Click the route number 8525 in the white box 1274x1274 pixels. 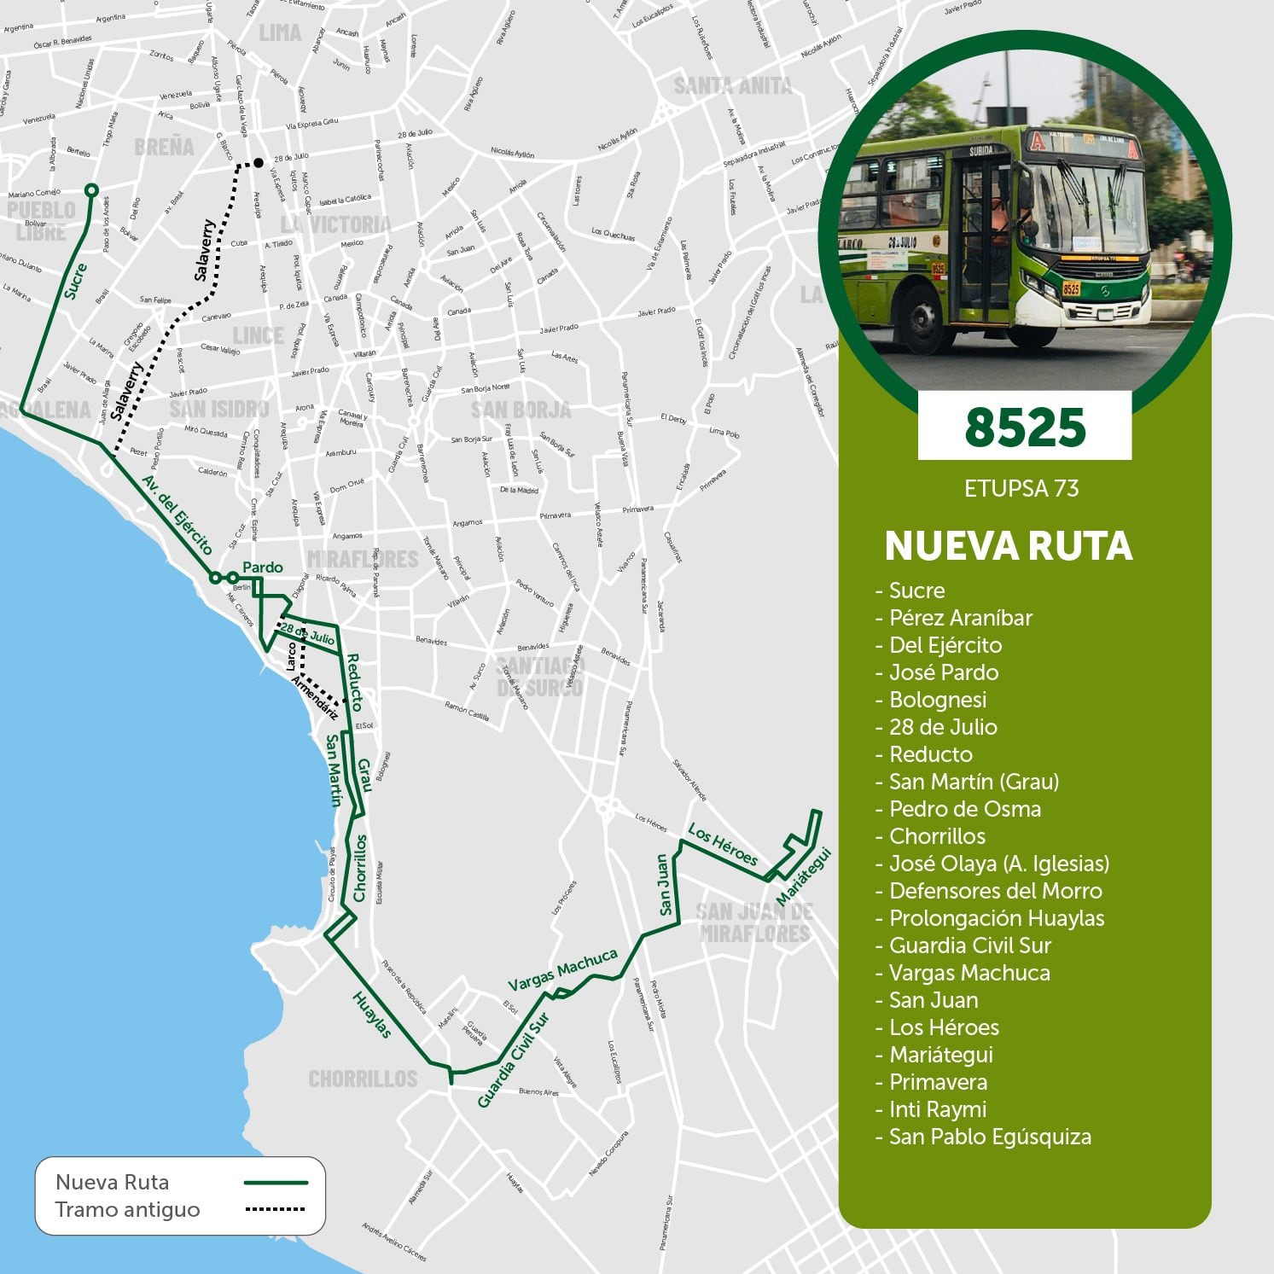pyautogui.click(x=1025, y=427)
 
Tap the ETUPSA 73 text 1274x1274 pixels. pyautogui.click(x=1021, y=488)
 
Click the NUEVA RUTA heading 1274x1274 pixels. pyautogui.click(x=1009, y=546)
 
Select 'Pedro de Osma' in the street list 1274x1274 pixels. pyautogui.click(x=964, y=809)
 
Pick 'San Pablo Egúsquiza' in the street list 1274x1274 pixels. pyautogui.click(x=990, y=1137)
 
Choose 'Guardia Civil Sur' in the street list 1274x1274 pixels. pyautogui.click(x=970, y=945)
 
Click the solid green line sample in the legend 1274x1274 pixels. pyautogui.click(x=275, y=1183)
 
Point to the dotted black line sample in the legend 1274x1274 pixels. pyautogui.click(x=275, y=1209)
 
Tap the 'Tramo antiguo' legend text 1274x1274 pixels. pyautogui.click(x=127, y=1210)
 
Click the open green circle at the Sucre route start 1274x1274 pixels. pyautogui.click(x=91, y=189)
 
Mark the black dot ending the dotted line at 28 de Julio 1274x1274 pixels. pyautogui.click(x=259, y=162)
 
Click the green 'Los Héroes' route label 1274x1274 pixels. pyautogui.click(x=723, y=844)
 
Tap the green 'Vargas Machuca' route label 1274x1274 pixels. pyautogui.click(x=562, y=969)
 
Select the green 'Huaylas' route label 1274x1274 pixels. pyautogui.click(x=372, y=1015)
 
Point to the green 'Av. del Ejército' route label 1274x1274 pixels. pyautogui.click(x=177, y=515)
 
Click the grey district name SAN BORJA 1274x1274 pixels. pyautogui.click(x=521, y=410)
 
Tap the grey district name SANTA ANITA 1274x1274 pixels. pyautogui.click(x=732, y=85)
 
